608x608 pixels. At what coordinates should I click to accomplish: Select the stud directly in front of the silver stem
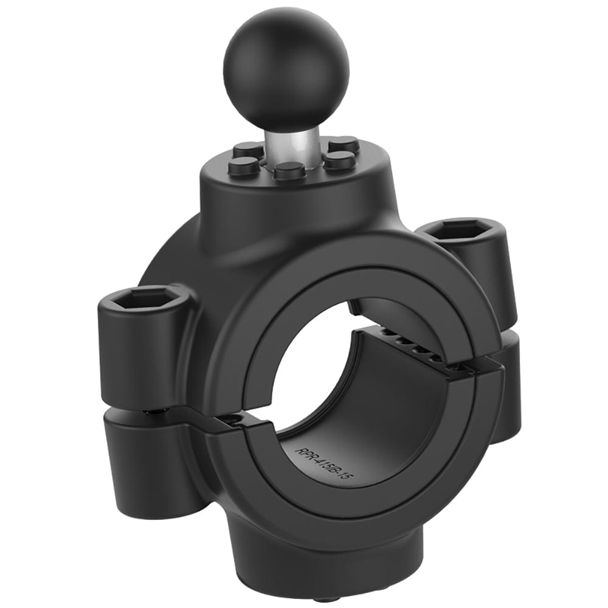(x=289, y=170)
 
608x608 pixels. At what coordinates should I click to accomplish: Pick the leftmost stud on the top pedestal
(x=244, y=164)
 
